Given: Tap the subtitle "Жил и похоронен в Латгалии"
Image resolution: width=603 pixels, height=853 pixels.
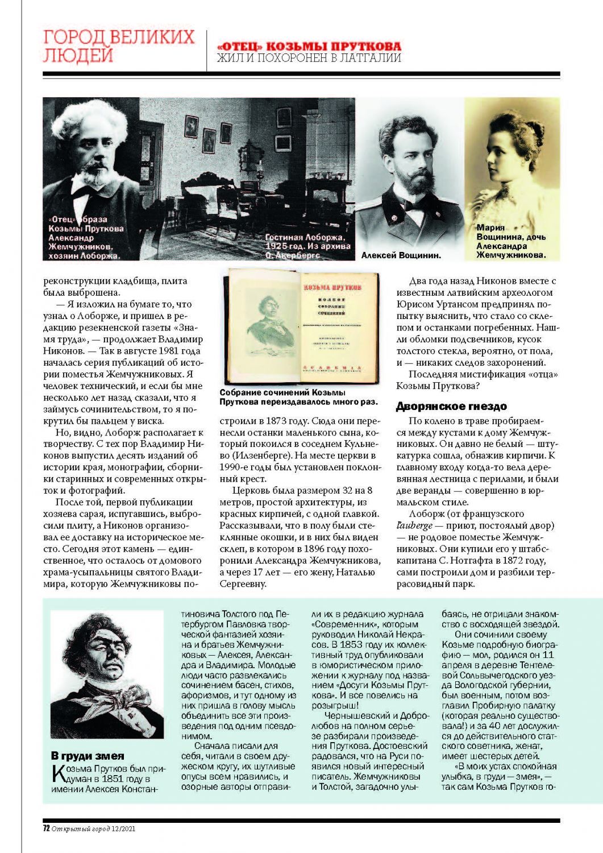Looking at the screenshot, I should [x=309, y=58].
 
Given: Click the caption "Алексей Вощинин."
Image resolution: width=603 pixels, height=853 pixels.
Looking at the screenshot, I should [x=401, y=256].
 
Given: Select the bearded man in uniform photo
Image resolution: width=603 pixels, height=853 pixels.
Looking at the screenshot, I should [x=409, y=176].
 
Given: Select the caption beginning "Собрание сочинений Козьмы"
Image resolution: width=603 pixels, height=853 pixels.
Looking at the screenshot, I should [x=298, y=397].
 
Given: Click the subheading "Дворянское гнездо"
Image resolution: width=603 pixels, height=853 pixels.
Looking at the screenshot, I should [x=451, y=406].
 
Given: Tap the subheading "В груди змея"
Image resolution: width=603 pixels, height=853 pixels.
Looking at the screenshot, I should [x=88, y=756].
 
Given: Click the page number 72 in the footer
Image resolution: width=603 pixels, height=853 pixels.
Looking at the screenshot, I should [x=47, y=829].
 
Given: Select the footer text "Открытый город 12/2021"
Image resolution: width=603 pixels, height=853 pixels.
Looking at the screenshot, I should [x=94, y=829].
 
